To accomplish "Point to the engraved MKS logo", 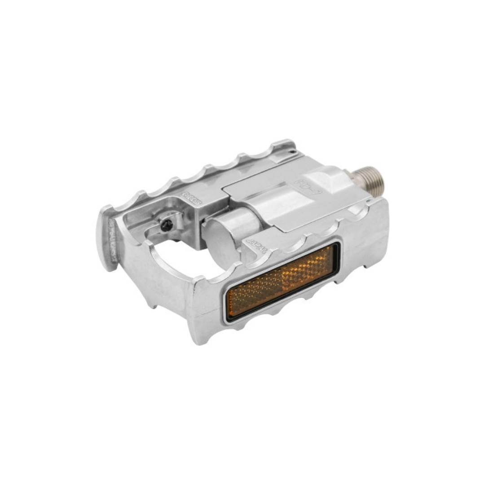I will tap(192, 198).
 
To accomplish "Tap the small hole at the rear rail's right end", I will tap(292, 151).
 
